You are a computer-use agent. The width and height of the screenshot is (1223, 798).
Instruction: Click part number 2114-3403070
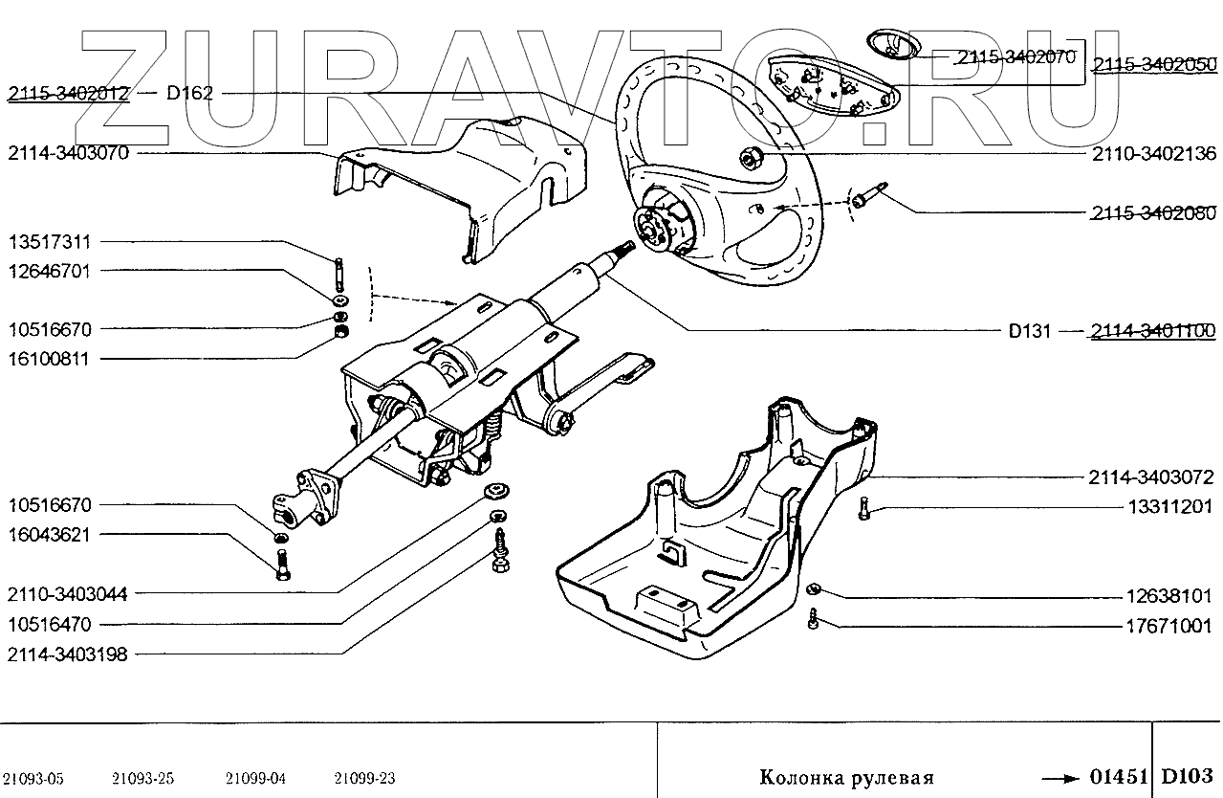click(68, 153)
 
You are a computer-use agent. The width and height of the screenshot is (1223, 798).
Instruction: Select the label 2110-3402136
click(1151, 153)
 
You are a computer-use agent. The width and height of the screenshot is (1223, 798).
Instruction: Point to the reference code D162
click(189, 94)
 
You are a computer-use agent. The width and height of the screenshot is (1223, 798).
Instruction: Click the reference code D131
click(1029, 332)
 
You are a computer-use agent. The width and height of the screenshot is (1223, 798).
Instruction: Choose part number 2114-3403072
click(1151, 477)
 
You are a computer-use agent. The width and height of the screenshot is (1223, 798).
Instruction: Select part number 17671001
click(1168, 627)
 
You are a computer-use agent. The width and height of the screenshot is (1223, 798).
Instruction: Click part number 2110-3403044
click(68, 594)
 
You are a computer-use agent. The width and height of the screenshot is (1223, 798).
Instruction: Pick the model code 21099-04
click(256, 777)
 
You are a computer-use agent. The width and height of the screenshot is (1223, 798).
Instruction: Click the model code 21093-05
click(34, 777)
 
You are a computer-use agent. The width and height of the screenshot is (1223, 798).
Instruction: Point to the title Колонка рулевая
click(845, 776)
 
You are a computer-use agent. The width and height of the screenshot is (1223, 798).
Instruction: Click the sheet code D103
click(1187, 774)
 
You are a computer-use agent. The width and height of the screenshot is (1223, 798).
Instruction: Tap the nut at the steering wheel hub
click(751, 155)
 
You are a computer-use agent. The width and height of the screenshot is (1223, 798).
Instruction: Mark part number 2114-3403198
click(68, 655)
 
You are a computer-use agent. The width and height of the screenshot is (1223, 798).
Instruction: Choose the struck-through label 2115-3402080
click(1151, 213)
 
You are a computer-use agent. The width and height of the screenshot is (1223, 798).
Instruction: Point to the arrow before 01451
click(1060, 775)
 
